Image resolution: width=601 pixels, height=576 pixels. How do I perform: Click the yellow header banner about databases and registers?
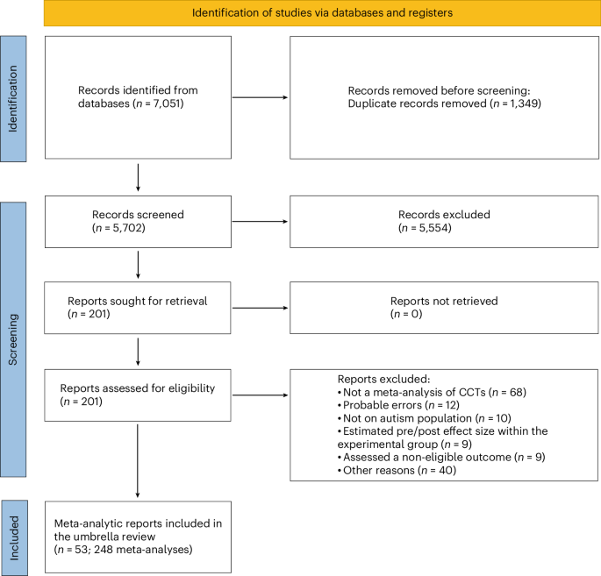tap(313, 12)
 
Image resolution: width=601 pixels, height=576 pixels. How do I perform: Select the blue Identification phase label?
tap(12, 97)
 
